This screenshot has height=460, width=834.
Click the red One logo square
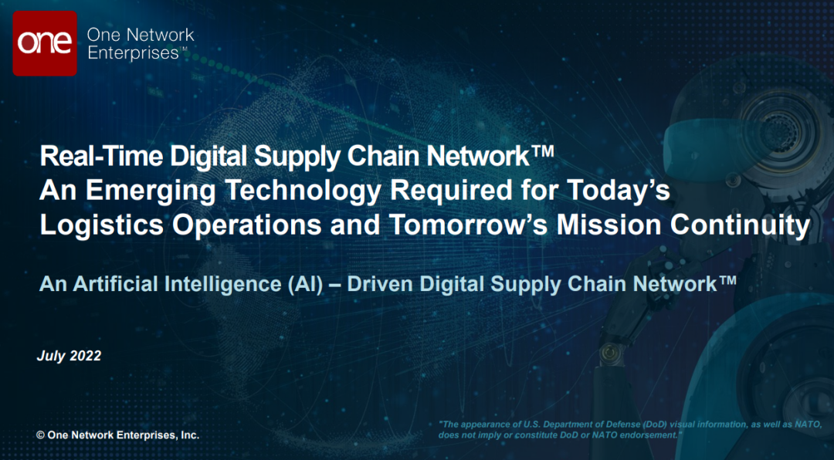45,43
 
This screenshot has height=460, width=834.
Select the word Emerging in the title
137,192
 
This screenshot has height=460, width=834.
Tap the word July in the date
49,357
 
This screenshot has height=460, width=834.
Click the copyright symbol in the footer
40,435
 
